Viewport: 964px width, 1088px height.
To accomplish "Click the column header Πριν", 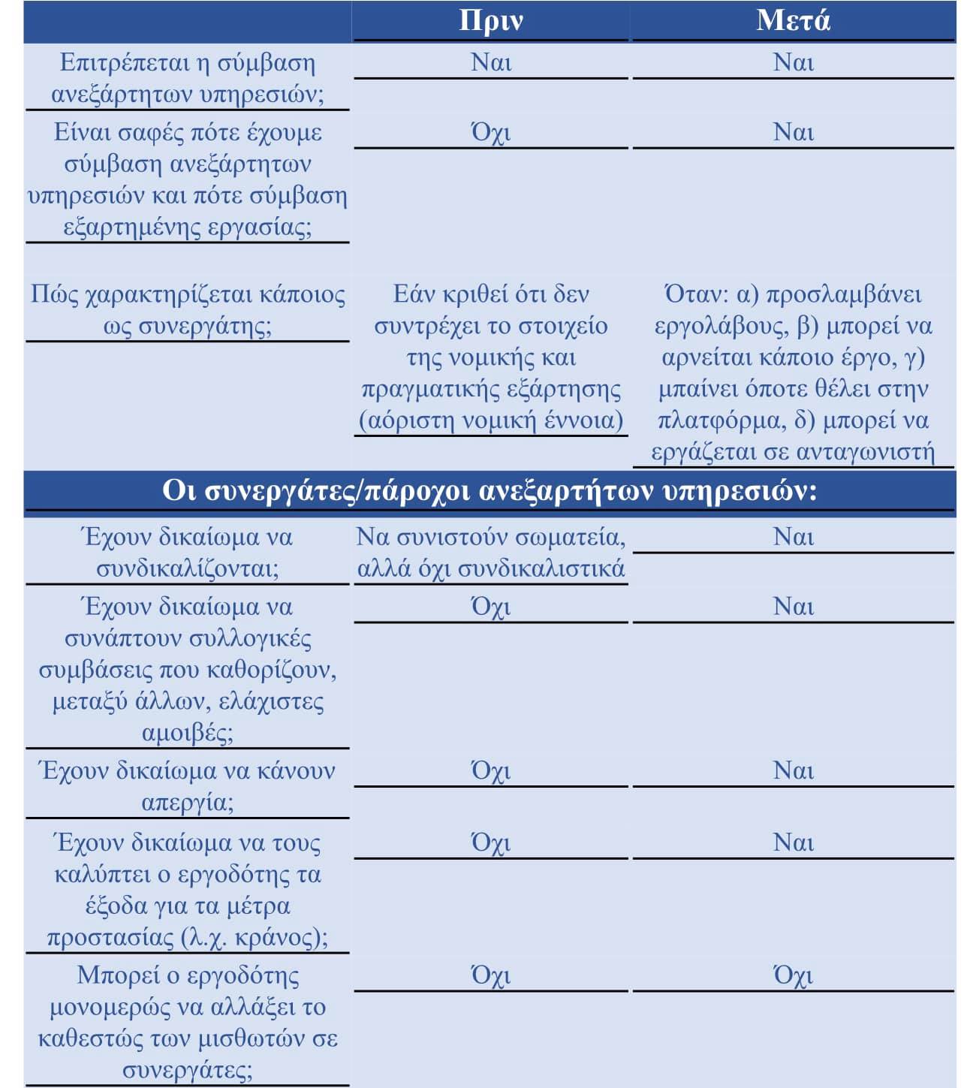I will tap(491, 21).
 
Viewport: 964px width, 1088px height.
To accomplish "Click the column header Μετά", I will tap(793, 21).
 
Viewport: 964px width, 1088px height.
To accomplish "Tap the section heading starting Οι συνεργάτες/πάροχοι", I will tap(490, 491).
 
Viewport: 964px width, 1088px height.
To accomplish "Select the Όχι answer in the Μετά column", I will tap(793, 975).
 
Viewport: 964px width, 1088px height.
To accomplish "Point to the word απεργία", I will tap(187, 803).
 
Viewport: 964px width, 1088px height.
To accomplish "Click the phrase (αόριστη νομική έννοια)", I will tap(491, 420).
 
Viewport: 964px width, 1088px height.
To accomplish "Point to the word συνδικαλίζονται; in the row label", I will tap(187, 569).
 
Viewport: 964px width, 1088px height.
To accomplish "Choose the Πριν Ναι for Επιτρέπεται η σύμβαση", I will tap(491, 62).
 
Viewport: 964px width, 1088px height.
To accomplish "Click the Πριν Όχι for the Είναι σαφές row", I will tap(491, 133).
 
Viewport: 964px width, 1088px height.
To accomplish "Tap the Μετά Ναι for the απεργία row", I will tap(793, 771).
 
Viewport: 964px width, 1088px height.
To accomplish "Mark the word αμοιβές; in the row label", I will tap(187, 732).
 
